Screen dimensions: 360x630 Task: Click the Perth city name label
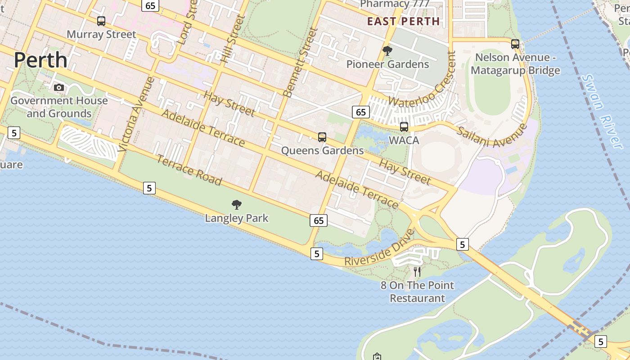40,60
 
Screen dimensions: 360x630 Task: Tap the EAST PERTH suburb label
403,21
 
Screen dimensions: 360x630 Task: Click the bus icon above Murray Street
101,21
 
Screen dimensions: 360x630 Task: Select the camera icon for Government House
59,87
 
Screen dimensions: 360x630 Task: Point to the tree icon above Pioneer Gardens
387,51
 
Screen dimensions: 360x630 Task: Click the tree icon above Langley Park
236,205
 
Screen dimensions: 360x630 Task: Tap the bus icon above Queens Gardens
322,137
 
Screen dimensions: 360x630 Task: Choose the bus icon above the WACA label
404,126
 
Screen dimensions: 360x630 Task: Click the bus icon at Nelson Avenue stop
515,44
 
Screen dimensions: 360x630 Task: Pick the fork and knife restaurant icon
417,271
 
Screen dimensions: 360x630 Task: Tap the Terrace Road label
189,170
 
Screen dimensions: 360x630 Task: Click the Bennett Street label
301,62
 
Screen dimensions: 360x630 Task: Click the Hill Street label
233,38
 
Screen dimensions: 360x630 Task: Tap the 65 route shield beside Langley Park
319,220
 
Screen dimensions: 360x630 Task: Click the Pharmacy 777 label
395,4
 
